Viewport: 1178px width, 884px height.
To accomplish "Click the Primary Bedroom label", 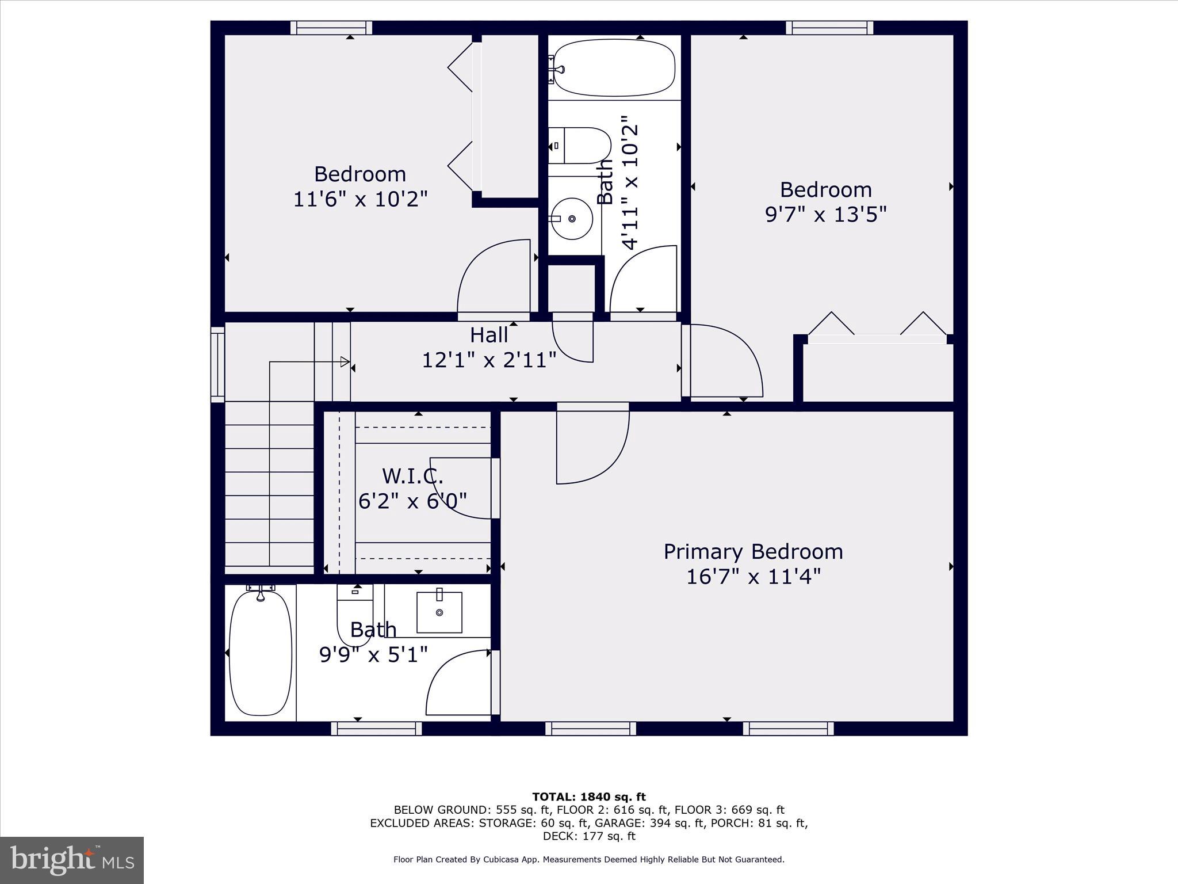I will [753, 551].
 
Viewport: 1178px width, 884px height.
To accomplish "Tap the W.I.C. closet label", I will [412, 476].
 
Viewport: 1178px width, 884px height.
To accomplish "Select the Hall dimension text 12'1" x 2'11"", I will [489, 360].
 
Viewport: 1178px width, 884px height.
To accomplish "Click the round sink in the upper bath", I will [571, 219].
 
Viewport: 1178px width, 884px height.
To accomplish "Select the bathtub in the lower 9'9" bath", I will [260, 651].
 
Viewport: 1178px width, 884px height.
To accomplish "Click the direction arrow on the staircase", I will [344, 361].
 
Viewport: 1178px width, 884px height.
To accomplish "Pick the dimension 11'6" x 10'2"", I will [360, 199].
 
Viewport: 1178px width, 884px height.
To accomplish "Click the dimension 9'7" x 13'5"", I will [825, 215].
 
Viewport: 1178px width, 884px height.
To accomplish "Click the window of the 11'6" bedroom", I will [331, 28].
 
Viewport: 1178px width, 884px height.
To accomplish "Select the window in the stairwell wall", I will [217, 364].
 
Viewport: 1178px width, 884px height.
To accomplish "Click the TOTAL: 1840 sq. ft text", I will [588, 797].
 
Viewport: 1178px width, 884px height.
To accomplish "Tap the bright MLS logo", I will [71, 860].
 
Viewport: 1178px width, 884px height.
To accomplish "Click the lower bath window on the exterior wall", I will [376, 729].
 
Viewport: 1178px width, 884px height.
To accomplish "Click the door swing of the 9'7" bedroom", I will [726, 360].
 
